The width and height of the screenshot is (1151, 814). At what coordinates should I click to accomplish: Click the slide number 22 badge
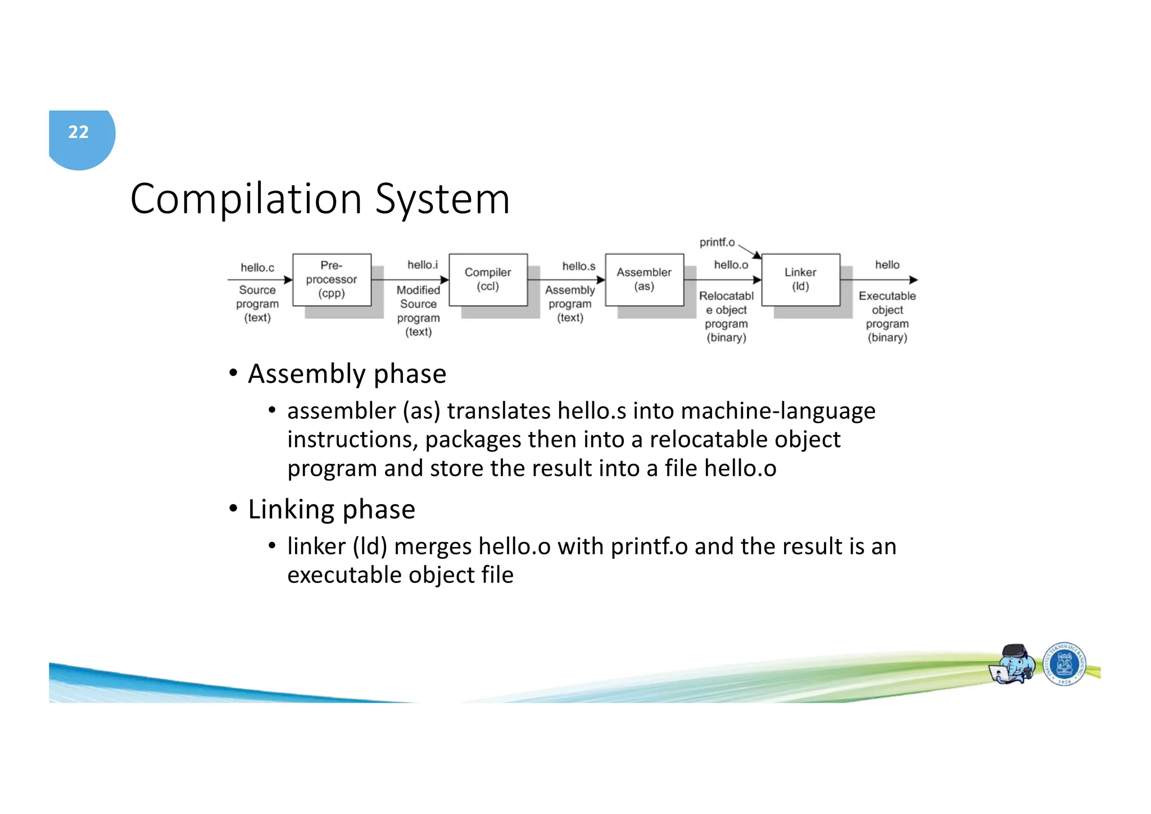(79, 133)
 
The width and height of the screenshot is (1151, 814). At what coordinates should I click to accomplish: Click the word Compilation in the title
(246, 199)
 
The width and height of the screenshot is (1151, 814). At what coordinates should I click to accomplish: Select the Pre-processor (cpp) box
(332, 279)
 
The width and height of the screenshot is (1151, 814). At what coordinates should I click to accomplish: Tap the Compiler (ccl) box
(488, 279)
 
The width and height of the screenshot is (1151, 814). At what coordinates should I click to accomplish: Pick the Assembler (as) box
(644, 279)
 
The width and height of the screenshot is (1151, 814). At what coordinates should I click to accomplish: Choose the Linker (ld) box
(800, 279)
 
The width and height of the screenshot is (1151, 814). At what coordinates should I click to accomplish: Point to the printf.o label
(717, 242)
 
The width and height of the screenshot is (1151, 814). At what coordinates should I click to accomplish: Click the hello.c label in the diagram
(257, 268)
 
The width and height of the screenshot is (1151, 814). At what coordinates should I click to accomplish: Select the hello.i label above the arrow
(422, 265)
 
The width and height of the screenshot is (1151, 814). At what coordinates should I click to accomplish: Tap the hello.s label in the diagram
(578, 266)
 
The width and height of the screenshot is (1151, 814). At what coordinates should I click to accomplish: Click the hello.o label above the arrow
(731, 265)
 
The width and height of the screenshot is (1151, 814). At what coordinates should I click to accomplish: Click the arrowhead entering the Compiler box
(445, 280)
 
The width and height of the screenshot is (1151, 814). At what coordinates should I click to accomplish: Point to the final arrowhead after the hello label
(913, 280)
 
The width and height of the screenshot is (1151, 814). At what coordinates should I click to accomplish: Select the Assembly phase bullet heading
(347, 374)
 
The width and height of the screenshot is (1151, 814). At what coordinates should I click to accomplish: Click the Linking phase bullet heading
(331, 509)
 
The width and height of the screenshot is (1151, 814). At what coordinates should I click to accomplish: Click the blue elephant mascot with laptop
(1013, 664)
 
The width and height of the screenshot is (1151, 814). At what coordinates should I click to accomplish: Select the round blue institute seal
(1064, 664)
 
